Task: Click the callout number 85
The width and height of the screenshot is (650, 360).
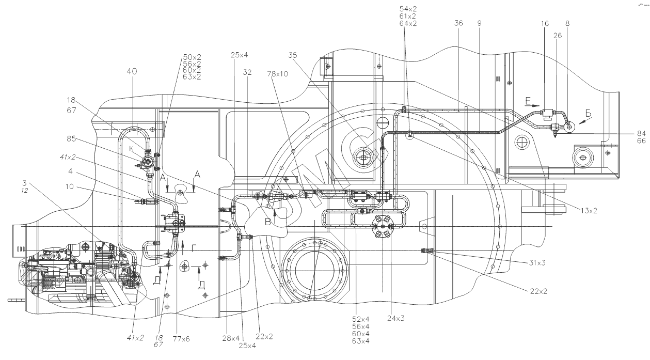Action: (72, 138)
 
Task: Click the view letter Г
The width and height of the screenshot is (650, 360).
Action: (193, 248)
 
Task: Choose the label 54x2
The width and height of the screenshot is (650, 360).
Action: (408, 9)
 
